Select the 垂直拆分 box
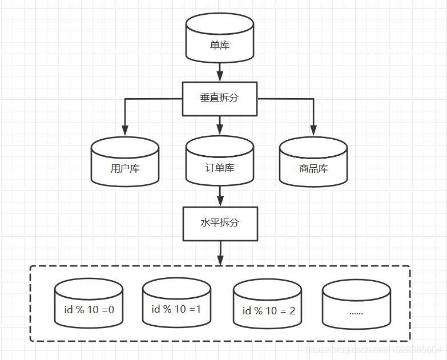(220, 98)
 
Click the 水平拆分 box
(220, 223)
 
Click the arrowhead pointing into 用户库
(124, 131)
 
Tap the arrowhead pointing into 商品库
(313, 131)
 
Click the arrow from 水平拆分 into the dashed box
(220, 253)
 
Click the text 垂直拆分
(220, 98)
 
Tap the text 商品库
(313, 169)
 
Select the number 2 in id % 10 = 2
(292, 311)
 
